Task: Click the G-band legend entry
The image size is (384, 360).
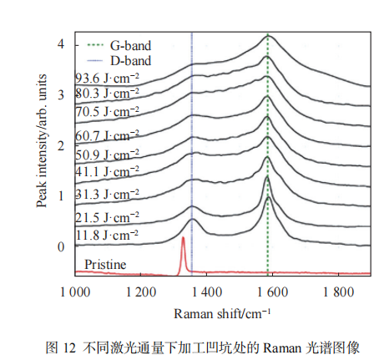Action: (119, 46)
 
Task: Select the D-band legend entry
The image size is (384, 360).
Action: (119, 61)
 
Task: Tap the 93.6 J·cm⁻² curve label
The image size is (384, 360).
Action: (107, 79)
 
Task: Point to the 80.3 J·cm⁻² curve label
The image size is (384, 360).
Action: (107, 94)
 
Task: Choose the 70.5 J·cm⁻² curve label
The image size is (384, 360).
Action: (107, 112)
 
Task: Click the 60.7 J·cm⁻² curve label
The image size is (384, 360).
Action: (107, 136)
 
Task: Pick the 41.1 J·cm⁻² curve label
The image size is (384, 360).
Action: (107, 171)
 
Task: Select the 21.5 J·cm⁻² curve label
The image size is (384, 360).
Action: (107, 217)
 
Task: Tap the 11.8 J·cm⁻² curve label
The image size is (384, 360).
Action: (107, 236)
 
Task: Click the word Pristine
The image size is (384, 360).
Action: (105, 264)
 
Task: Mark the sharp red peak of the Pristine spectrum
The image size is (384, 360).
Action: (183, 237)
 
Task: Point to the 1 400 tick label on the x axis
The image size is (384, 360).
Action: (207, 292)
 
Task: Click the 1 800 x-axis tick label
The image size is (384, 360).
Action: (338, 292)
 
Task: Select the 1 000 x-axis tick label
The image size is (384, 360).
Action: (75, 292)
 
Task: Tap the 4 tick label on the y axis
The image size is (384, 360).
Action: (61, 44)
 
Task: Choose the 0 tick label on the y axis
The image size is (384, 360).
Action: (61, 247)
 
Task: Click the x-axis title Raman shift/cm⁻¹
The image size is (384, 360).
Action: (222, 313)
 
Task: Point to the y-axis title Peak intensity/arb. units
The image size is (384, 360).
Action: (41, 140)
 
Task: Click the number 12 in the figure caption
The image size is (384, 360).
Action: (69, 348)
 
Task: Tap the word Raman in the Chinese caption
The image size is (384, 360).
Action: (282, 348)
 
